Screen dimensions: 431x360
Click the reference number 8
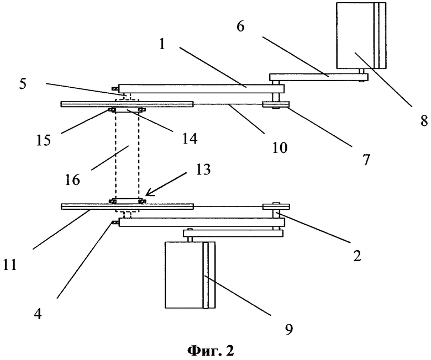(424, 120)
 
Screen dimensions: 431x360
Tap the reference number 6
(240, 27)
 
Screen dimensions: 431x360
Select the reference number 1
(162, 44)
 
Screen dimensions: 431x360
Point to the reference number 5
(23, 83)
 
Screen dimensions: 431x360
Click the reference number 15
(44, 140)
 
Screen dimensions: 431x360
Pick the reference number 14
(190, 139)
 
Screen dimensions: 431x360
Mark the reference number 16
(72, 180)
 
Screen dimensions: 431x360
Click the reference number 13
(203, 169)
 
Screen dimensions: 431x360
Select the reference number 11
(10, 265)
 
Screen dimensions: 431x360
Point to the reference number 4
(38, 314)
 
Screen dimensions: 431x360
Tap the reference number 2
(357, 256)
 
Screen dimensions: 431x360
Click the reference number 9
(288, 329)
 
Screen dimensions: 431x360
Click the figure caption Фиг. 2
(211, 351)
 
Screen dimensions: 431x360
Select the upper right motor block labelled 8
(361, 35)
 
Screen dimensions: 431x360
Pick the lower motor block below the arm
(190, 275)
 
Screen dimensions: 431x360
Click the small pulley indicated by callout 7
(276, 104)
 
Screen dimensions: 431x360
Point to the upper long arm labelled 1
(201, 88)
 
